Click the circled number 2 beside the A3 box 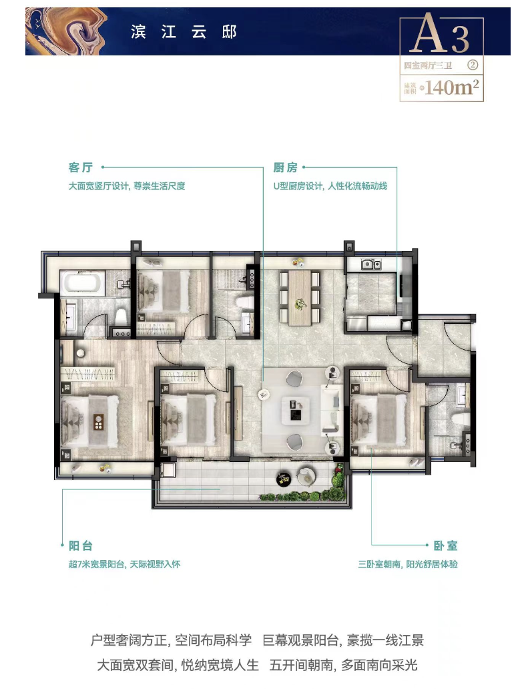pyautogui.click(x=473, y=65)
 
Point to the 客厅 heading pyautogui.click(x=80, y=168)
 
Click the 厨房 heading pyautogui.click(x=285, y=168)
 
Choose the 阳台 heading pyautogui.click(x=81, y=546)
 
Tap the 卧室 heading pyautogui.click(x=445, y=546)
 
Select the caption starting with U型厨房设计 pyautogui.click(x=330, y=186)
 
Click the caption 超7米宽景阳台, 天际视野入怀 pyautogui.click(x=124, y=564)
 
